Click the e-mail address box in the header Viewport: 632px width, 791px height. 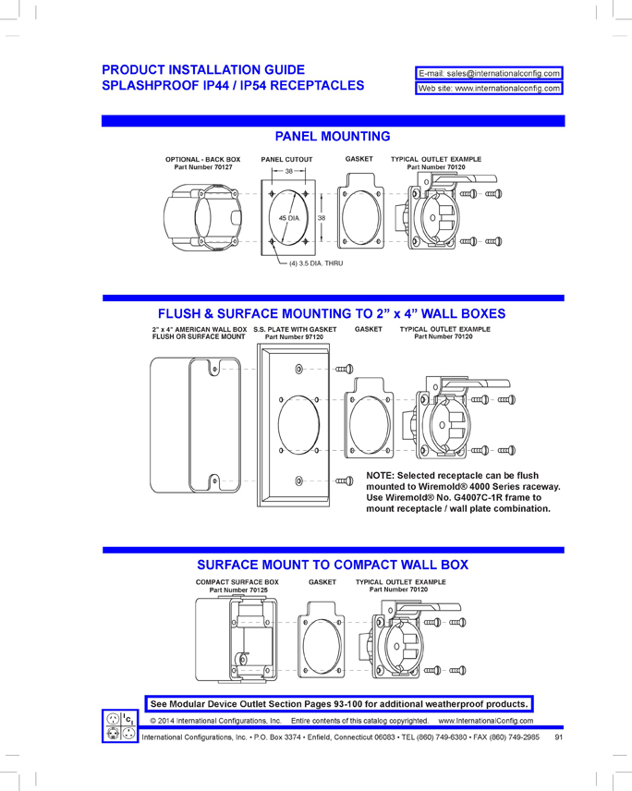point(490,73)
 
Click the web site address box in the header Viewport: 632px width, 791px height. point(490,89)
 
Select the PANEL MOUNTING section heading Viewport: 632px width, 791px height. point(333,137)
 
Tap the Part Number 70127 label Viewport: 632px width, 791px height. point(203,167)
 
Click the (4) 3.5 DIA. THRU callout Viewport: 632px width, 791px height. point(315,264)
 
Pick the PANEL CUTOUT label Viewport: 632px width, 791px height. point(286,160)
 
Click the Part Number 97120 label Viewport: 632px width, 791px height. point(295,337)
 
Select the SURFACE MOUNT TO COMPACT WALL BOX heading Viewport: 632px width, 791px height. point(333,565)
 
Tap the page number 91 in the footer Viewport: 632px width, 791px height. point(559,737)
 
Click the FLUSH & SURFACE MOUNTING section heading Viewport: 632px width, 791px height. point(333,314)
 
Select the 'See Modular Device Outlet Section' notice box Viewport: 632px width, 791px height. point(340,703)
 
